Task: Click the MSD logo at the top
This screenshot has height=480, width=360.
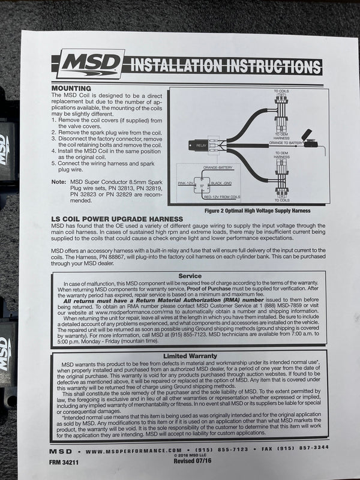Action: (x=90, y=64)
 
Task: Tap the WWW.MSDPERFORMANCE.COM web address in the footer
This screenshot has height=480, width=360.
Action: (x=133, y=449)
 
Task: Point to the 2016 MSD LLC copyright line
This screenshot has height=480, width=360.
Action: (x=191, y=455)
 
